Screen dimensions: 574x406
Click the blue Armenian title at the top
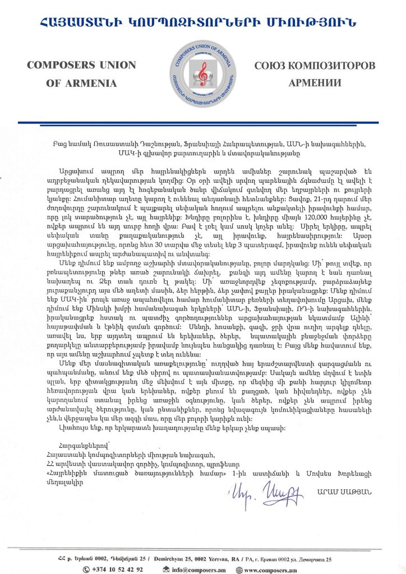pos(204,22)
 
